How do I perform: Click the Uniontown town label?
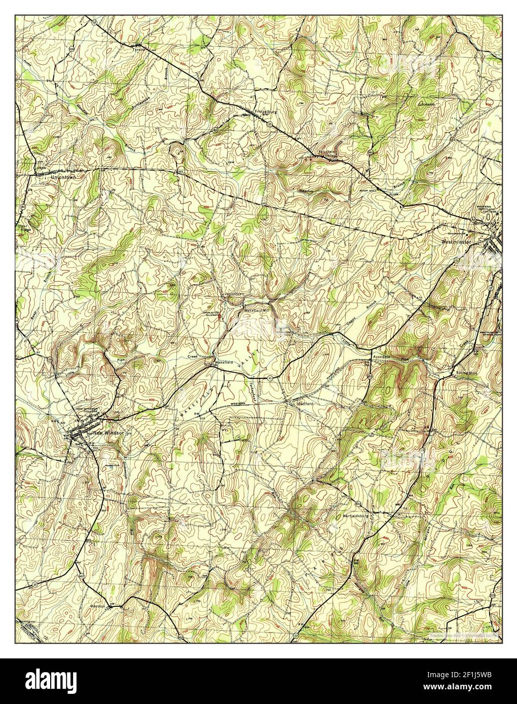[x=60, y=178]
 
